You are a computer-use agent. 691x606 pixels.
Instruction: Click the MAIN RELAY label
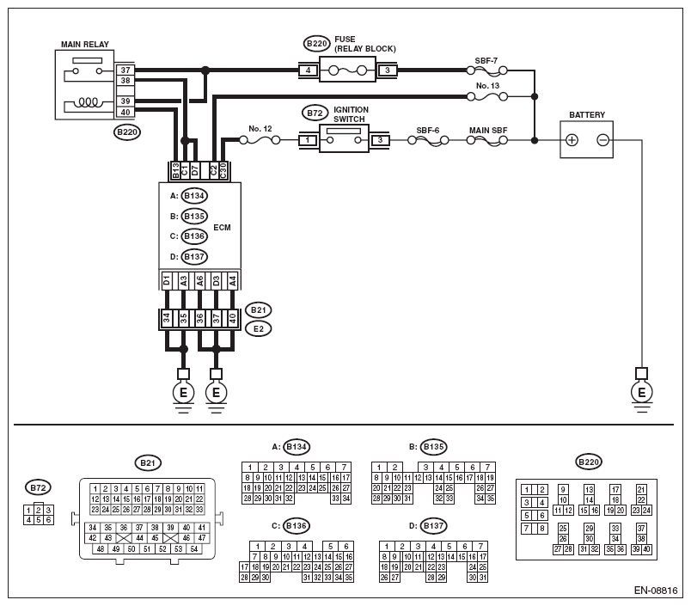click(84, 44)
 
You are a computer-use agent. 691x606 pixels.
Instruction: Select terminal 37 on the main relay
click(125, 70)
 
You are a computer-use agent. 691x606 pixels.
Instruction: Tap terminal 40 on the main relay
click(125, 112)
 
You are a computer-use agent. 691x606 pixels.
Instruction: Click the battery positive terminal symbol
click(572, 140)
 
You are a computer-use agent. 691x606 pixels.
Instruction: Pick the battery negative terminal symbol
click(602, 140)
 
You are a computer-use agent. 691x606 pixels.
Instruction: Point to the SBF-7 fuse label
click(486, 61)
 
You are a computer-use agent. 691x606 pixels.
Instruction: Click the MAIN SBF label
click(488, 131)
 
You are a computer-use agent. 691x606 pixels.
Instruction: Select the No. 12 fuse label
click(260, 129)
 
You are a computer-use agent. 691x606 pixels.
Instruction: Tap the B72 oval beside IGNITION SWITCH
click(315, 113)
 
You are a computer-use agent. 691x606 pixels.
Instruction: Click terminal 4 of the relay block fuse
click(308, 70)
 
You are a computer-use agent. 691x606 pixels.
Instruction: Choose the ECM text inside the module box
click(222, 228)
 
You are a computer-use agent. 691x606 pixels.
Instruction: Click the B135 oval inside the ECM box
click(194, 216)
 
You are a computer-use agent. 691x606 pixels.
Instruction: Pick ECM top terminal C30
click(223, 171)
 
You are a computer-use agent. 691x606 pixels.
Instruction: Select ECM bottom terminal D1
click(167, 280)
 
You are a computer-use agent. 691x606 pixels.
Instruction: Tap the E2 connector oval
click(258, 328)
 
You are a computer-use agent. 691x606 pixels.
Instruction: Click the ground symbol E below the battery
click(642, 392)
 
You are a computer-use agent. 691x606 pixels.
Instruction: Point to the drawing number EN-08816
click(655, 591)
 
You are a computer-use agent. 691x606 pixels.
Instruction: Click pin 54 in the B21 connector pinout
click(194, 548)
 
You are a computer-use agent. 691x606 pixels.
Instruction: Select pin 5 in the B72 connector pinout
click(39, 520)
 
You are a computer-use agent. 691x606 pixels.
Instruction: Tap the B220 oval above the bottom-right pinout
click(589, 462)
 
